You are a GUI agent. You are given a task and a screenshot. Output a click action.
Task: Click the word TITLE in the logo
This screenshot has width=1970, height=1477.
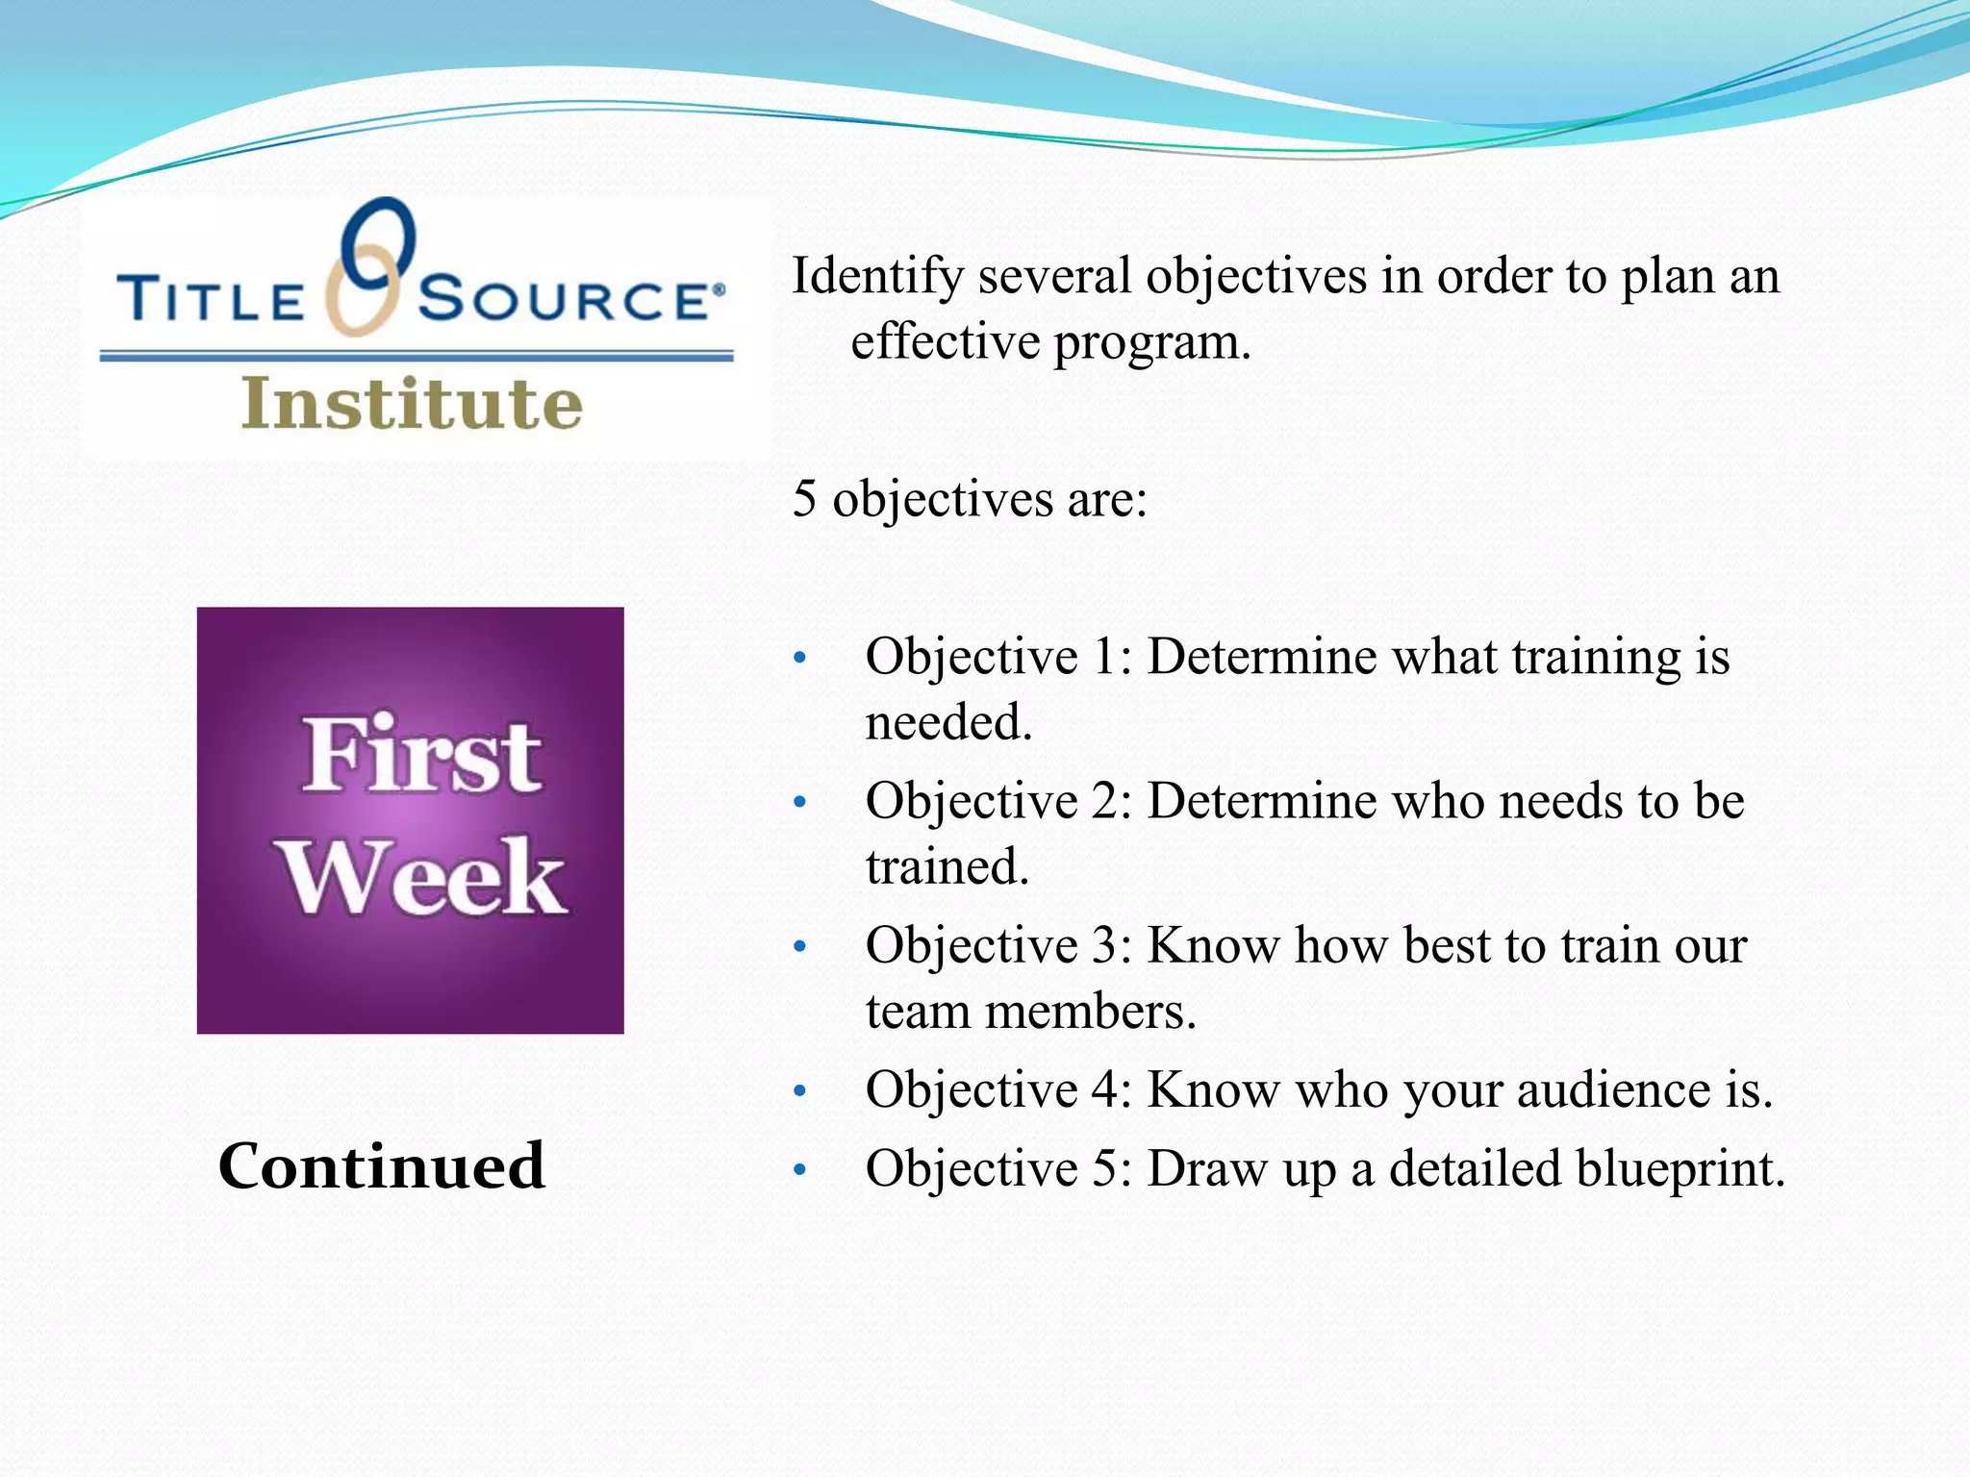tap(210, 299)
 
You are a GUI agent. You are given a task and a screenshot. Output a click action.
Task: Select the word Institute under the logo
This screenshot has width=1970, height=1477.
tap(412, 403)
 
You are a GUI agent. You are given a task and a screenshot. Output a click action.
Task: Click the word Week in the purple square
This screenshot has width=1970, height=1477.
tap(422, 876)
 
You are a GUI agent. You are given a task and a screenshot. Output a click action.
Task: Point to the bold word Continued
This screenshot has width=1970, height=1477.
tap(382, 1165)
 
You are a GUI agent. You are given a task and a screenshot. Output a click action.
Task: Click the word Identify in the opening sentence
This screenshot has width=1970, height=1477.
tap(876, 277)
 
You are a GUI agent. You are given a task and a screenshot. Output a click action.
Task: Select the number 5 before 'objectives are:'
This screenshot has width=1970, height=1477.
tap(804, 499)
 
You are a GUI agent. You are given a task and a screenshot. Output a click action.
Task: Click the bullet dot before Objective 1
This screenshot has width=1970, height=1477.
tap(798, 660)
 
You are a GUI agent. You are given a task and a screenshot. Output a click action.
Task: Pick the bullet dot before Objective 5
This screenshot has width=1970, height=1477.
tap(798, 1171)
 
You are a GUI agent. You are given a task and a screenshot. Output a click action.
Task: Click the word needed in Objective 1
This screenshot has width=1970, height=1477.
tap(947, 722)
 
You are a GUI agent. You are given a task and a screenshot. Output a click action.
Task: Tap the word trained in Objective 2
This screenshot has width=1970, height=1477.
tap(947, 866)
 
